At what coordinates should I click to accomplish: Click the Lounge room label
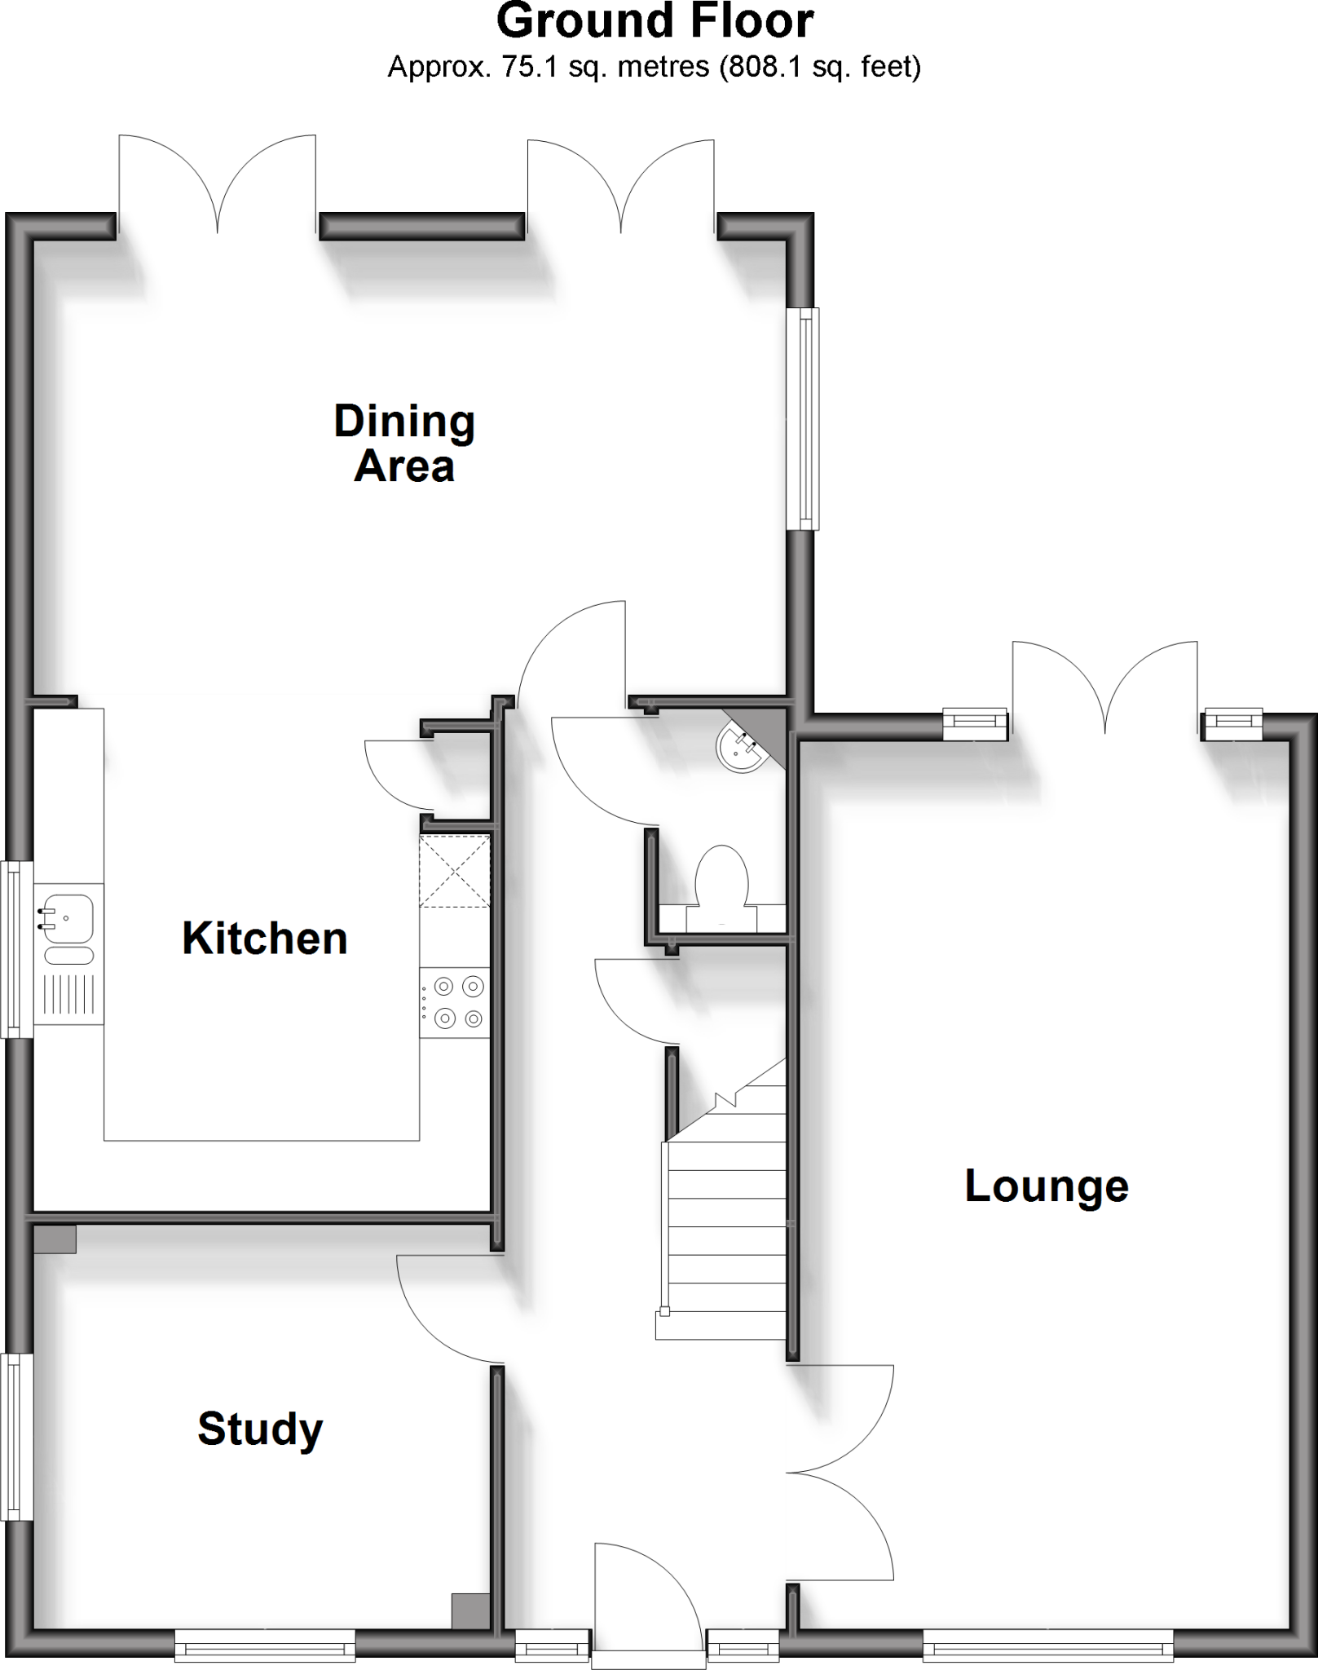(1047, 1186)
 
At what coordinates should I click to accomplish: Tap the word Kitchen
(265, 939)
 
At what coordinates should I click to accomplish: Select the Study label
(260, 1429)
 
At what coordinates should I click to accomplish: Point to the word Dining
(404, 422)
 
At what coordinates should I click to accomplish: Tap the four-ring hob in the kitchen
(456, 1002)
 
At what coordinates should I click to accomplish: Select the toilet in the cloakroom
(721, 877)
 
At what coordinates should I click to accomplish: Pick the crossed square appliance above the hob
(455, 871)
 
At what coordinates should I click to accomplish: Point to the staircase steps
(725, 1223)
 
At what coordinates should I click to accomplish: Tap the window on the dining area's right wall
(804, 418)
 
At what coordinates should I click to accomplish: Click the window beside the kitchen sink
(15, 950)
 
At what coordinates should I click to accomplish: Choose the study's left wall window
(15, 1438)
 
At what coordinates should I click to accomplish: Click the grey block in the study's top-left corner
(55, 1239)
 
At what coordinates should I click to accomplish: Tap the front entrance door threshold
(648, 1659)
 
